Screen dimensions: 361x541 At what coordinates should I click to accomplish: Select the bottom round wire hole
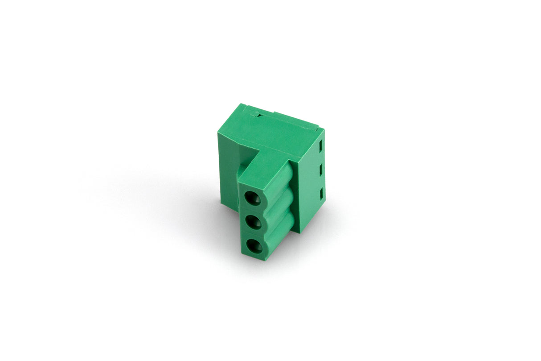254,246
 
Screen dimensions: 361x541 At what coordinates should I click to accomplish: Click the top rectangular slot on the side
321,145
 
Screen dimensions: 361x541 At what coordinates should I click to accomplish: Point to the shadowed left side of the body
230,174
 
